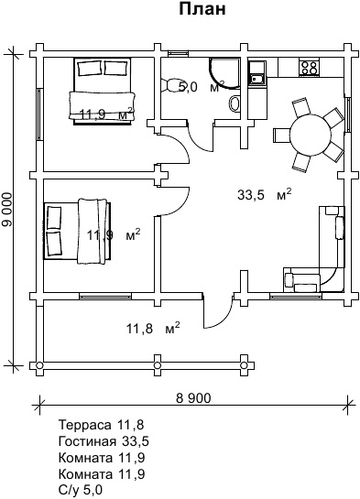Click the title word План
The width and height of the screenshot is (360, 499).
tap(202, 9)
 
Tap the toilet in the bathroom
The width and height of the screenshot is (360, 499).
tap(170, 85)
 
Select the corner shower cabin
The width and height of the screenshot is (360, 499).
tap(224, 73)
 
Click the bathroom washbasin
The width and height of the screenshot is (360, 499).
tap(235, 104)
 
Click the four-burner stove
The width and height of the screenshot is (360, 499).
tap(309, 67)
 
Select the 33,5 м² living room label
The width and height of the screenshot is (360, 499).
tap(265, 194)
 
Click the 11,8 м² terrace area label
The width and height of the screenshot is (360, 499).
tap(153, 328)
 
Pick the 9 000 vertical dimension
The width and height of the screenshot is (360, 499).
tap(7, 210)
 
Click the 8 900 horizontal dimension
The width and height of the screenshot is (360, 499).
tap(193, 398)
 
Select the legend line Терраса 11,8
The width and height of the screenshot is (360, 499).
tap(101, 425)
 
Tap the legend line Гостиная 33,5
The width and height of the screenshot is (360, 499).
tap(104, 441)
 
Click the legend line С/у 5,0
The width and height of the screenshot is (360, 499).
tap(81, 490)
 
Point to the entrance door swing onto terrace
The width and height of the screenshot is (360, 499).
tap(218, 313)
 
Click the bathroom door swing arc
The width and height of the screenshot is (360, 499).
tap(202, 136)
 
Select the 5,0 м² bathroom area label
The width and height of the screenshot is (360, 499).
tap(202, 87)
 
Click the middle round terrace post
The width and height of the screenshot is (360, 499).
tap(158, 365)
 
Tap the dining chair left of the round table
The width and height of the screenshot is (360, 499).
tap(281, 136)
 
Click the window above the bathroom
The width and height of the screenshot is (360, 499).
tap(178, 53)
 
